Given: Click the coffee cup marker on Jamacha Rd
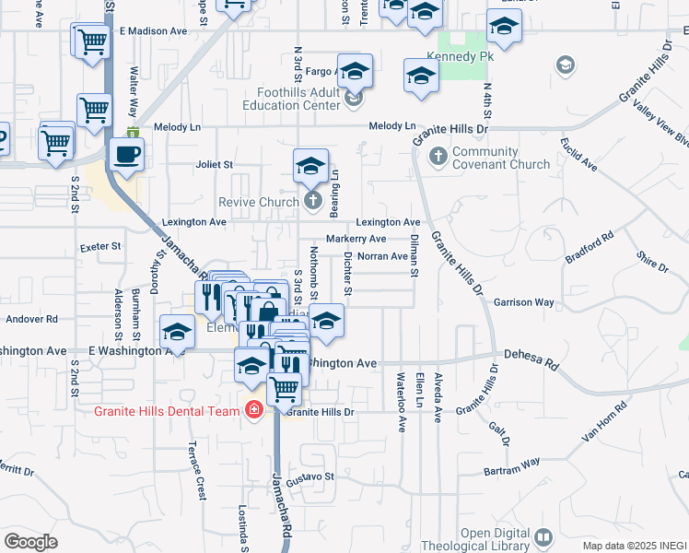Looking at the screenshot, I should pyautogui.click(x=126, y=154).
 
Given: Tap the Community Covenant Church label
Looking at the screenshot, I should pyautogui.click(x=501, y=158).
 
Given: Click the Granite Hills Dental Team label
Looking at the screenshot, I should pyautogui.click(x=167, y=411).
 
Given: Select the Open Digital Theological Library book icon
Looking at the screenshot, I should pyautogui.click(x=543, y=535).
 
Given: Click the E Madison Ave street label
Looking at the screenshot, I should pyautogui.click(x=153, y=30).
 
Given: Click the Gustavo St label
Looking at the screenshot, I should pyautogui.click(x=309, y=477).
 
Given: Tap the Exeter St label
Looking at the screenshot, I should pyautogui.click(x=101, y=247).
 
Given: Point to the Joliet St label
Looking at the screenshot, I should pyautogui.click(x=215, y=164).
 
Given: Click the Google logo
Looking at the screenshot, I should pyautogui.click(x=30, y=541).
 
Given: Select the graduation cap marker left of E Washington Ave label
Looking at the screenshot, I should pyautogui.click(x=176, y=333).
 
